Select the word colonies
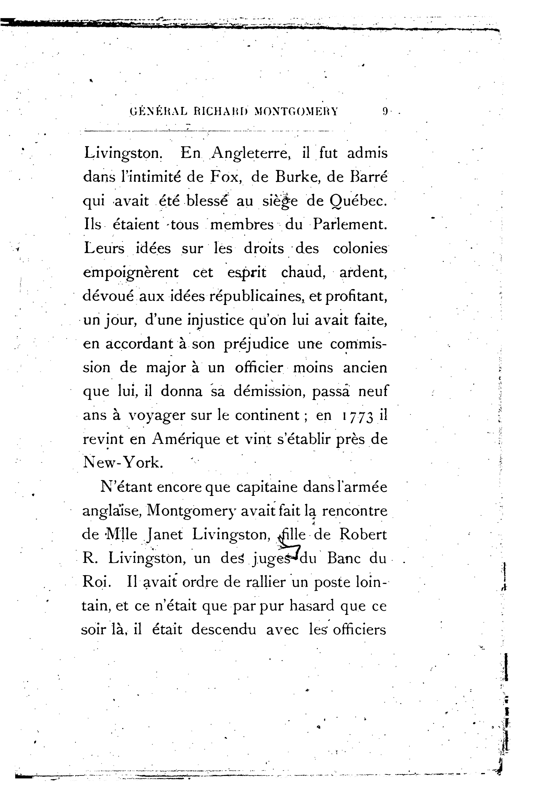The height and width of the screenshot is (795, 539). pos(360,248)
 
